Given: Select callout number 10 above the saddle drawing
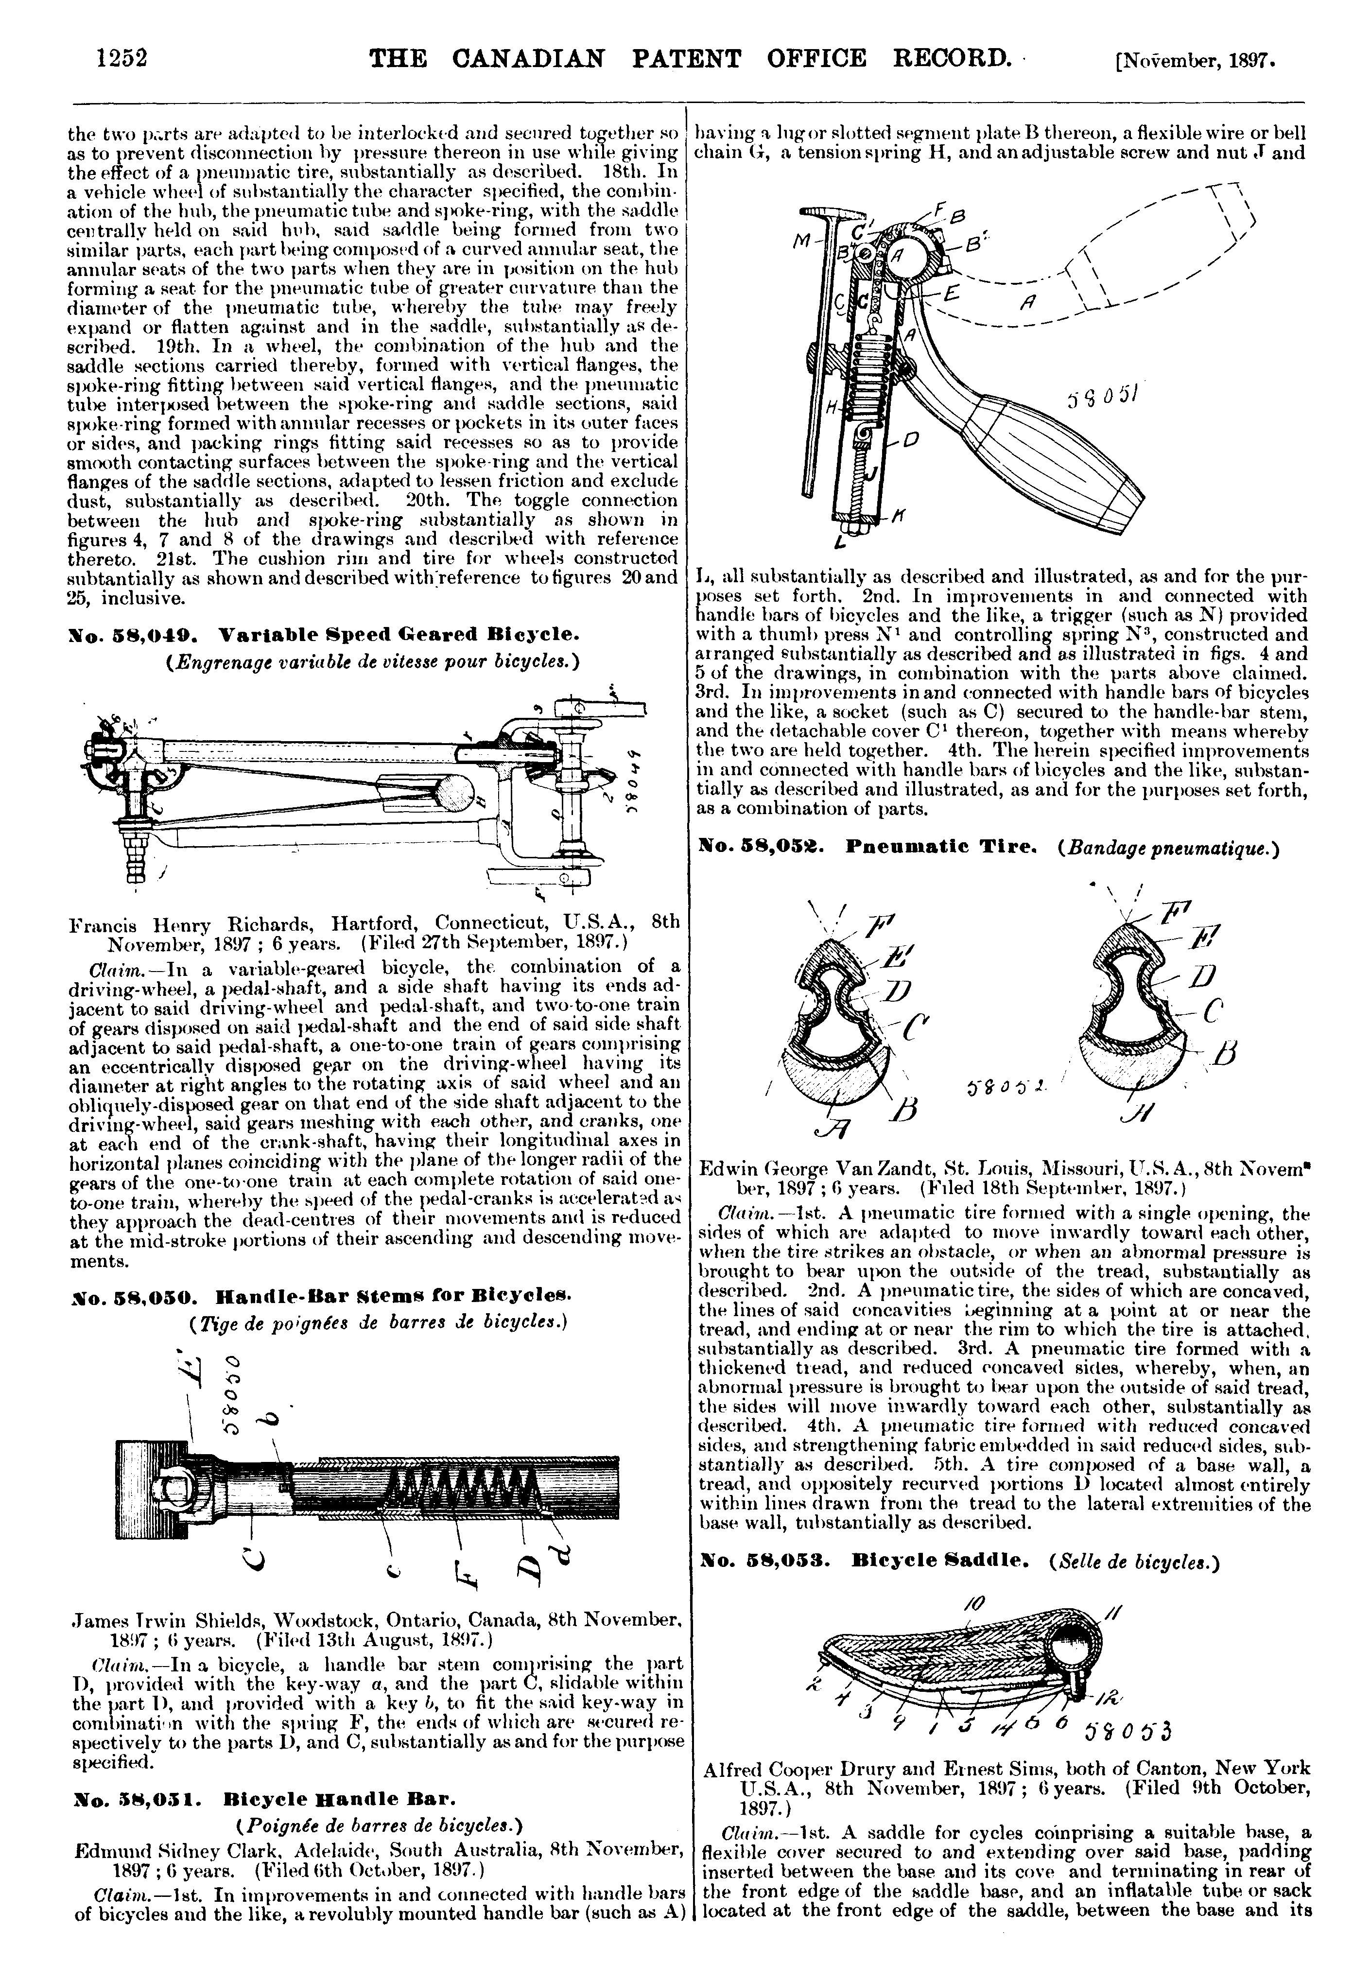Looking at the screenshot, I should click(x=973, y=1604).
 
